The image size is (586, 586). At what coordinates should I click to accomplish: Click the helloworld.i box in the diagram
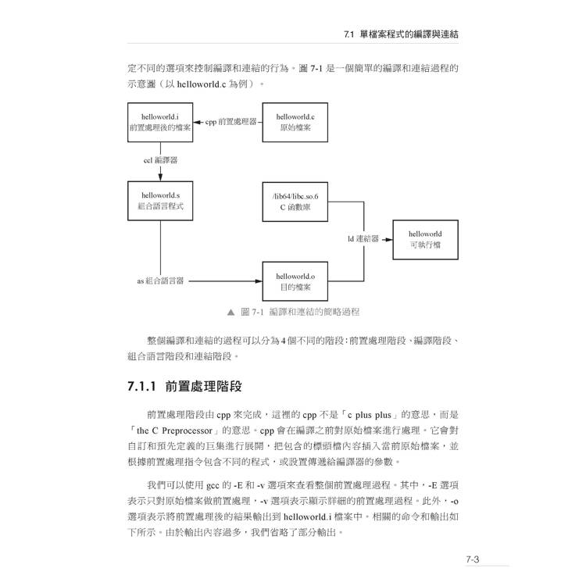(x=160, y=122)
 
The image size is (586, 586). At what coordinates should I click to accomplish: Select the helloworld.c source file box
(x=295, y=122)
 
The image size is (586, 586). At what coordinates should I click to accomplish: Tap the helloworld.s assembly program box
(x=160, y=201)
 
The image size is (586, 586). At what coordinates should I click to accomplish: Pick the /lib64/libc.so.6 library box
(x=295, y=202)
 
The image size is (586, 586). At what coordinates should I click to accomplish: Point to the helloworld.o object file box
(x=295, y=281)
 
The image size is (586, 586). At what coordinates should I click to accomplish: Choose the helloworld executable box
(x=425, y=240)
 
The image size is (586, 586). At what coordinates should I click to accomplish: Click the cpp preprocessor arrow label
(x=231, y=122)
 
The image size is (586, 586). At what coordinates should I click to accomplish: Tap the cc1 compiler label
(x=160, y=160)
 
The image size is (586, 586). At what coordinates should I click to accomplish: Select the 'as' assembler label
(x=160, y=280)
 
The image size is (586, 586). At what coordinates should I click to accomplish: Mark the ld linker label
(x=363, y=239)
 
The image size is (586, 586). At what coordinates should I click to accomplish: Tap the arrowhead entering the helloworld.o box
(x=258, y=281)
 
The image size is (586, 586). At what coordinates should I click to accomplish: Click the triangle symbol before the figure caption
(x=231, y=312)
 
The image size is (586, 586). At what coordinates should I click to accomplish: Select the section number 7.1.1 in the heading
(x=141, y=387)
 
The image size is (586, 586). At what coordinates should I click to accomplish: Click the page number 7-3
(x=473, y=559)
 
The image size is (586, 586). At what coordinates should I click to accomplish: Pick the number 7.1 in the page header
(x=348, y=34)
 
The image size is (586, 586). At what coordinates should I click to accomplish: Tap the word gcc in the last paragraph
(x=213, y=486)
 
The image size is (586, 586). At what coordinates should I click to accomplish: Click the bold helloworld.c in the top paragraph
(x=202, y=84)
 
